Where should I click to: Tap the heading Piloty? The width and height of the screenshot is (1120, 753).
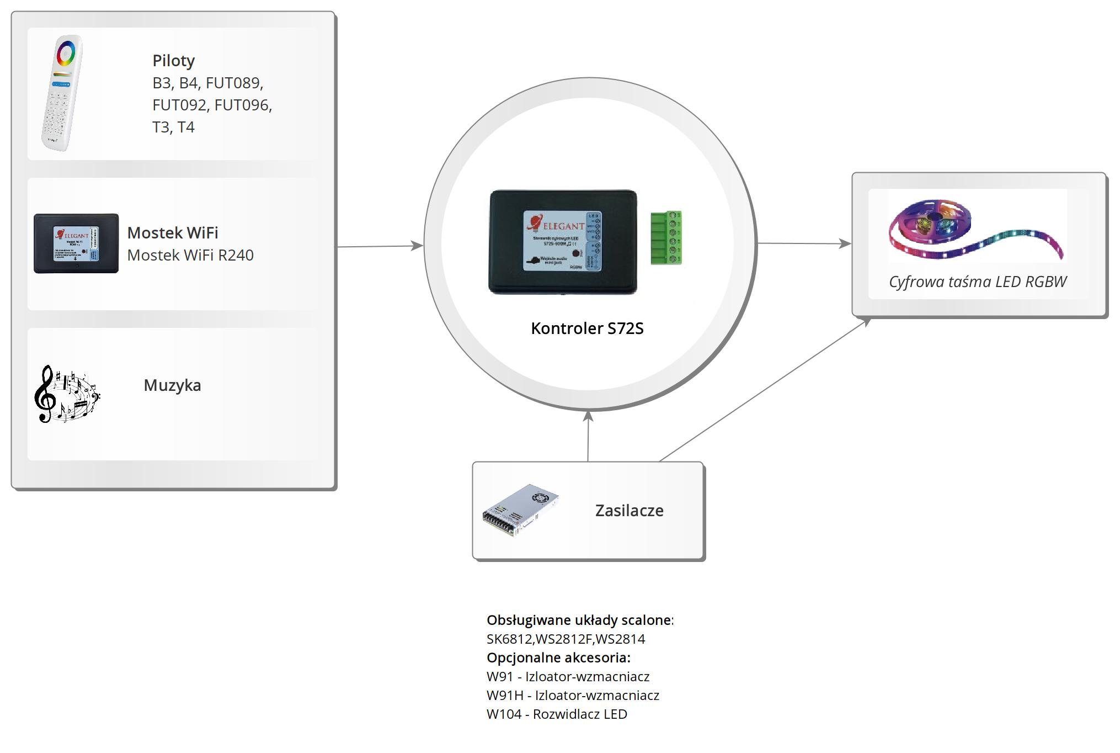pyautogui.click(x=173, y=61)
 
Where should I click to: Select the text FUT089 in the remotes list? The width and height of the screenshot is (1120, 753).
pyautogui.click(x=234, y=83)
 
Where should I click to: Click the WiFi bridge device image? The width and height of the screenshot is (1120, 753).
pyautogui.click(x=76, y=243)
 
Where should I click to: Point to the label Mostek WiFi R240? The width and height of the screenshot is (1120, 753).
pyautogui.click(x=190, y=255)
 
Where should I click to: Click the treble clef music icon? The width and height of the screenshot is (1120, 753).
pyautogui.click(x=66, y=394)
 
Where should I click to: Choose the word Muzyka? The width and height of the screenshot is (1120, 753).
pyautogui.click(x=172, y=385)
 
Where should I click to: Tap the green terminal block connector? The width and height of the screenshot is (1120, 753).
pyautogui.click(x=666, y=237)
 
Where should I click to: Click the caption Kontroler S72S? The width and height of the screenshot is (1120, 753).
pyautogui.click(x=587, y=328)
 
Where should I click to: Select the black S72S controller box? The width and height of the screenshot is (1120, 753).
pyautogui.click(x=563, y=242)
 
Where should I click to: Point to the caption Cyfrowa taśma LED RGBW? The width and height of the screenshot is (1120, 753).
pyautogui.click(x=978, y=282)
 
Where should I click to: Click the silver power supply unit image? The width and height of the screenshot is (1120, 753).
pyautogui.click(x=520, y=510)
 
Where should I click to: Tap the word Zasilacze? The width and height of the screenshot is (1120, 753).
pyautogui.click(x=629, y=511)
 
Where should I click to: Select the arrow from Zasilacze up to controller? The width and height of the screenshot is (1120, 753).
pyautogui.click(x=588, y=436)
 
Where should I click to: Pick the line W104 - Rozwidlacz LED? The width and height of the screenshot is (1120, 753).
pyautogui.click(x=557, y=714)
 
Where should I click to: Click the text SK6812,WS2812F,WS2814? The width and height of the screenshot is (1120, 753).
pyautogui.click(x=566, y=639)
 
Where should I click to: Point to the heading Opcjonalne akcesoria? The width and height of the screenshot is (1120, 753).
pyautogui.click(x=558, y=657)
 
